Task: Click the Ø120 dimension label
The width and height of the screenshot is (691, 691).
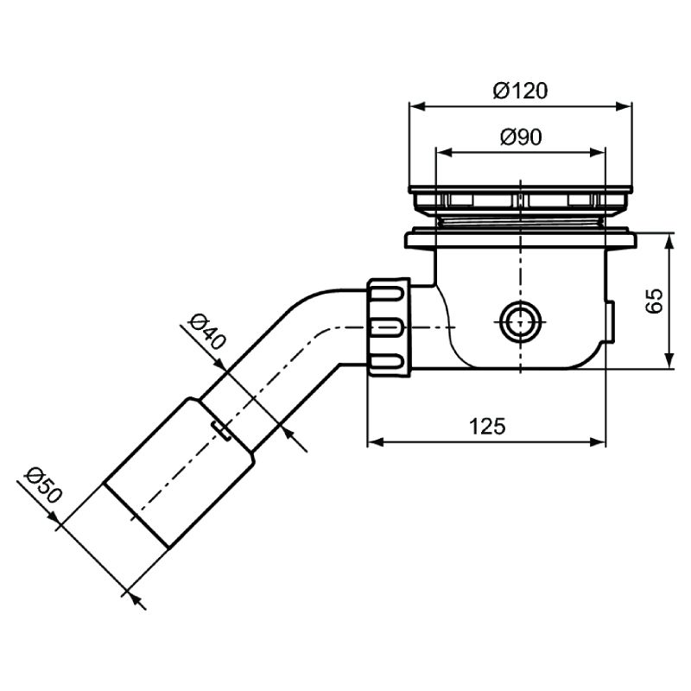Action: [521, 91]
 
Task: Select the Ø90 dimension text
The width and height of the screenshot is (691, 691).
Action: [521, 137]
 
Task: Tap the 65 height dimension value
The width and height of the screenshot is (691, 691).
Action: [655, 301]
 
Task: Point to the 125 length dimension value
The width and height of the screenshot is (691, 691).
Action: [487, 426]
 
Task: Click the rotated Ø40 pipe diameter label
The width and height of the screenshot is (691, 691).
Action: [206, 332]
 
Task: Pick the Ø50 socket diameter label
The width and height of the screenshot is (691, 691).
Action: [42, 485]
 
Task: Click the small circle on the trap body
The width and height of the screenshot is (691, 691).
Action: [521, 321]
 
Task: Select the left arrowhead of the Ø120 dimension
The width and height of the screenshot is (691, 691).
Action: [417, 106]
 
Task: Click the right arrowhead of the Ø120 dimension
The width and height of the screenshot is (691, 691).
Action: [624, 106]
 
